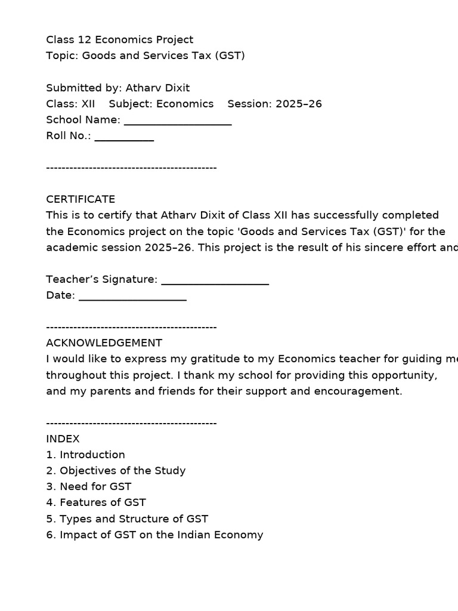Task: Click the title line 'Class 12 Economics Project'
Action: click(x=120, y=40)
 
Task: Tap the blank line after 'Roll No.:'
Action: click(x=124, y=137)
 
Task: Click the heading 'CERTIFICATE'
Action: click(x=81, y=199)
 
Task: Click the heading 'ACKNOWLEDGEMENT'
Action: click(x=104, y=343)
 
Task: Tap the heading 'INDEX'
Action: click(x=63, y=439)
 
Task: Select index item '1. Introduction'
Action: click(x=85, y=455)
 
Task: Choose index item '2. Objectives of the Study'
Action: click(x=116, y=471)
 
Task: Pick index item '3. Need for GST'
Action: click(x=88, y=487)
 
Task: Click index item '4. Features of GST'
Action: click(x=95, y=503)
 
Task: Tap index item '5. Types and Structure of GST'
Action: click(x=127, y=519)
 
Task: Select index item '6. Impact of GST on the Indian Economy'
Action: click(x=154, y=535)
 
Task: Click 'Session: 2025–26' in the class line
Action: click(x=274, y=104)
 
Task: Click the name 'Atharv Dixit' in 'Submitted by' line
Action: click(x=157, y=88)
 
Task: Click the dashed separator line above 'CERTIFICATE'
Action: click(x=131, y=168)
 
